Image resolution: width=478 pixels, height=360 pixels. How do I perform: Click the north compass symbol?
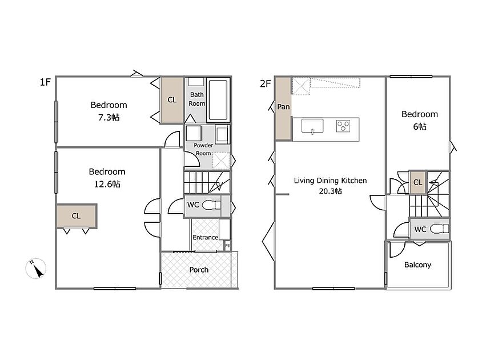(35, 269)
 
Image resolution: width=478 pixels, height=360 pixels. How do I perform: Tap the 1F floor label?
(45, 82)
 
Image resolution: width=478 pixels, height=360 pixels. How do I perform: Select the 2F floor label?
(265, 83)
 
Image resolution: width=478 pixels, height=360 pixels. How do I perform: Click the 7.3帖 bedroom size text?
(109, 118)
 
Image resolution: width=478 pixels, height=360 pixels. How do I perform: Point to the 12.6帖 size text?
(107, 184)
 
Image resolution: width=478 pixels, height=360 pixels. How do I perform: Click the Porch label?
(199, 270)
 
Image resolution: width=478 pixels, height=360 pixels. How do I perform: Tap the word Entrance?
(205, 237)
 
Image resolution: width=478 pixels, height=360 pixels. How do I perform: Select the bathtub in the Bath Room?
(218, 100)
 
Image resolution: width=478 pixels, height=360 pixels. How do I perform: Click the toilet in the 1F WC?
(211, 205)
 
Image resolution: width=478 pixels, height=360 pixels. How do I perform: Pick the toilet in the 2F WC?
(439, 229)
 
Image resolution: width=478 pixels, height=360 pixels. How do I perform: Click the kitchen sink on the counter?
(312, 126)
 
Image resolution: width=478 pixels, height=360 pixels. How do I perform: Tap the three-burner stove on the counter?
(343, 126)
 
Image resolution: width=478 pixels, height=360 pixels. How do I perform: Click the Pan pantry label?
(283, 107)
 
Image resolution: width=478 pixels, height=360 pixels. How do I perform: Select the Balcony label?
(417, 265)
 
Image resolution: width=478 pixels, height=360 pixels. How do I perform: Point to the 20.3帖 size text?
(331, 191)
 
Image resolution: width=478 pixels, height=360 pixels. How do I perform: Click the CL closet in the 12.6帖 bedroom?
(76, 216)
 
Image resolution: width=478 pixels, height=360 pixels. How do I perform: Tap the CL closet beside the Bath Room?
(172, 100)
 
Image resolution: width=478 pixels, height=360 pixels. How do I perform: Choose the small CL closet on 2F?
(417, 182)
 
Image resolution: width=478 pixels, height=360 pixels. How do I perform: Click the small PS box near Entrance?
(227, 245)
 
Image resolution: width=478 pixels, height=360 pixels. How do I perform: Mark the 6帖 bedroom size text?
(420, 126)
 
